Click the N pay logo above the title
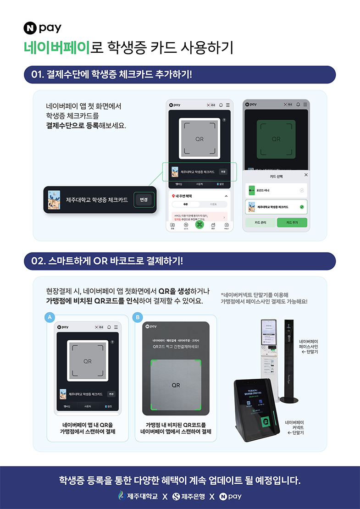click(42, 28)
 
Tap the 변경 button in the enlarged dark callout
click(144, 200)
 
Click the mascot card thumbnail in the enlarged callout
click(55, 199)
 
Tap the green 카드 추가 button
click(292, 222)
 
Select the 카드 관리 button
click(260, 222)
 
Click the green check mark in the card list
click(301, 207)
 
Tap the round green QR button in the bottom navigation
click(199, 225)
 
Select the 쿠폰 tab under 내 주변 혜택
click(186, 205)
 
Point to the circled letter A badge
click(48, 317)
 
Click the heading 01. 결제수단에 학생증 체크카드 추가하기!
click(111, 75)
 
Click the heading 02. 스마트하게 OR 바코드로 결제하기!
click(107, 261)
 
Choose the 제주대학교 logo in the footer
click(138, 496)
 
